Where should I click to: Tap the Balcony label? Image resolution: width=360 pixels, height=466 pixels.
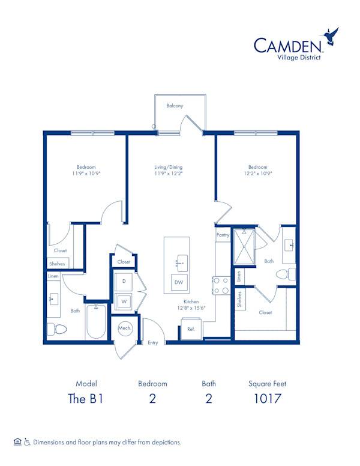click(175, 106)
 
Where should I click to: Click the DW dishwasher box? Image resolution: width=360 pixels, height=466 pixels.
click(179, 282)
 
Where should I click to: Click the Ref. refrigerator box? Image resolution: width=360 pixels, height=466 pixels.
click(191, 330)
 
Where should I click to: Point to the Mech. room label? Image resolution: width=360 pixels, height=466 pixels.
click(125, 328)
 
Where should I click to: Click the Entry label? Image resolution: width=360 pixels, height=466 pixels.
click(153, 342)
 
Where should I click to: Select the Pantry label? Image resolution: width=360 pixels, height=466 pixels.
click(223, 235)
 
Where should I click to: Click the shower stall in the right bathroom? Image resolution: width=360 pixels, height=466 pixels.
click(245, 247)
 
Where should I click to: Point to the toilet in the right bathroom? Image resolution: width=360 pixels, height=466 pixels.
click(286, 274)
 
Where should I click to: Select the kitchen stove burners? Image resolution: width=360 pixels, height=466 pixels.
click(220, 285)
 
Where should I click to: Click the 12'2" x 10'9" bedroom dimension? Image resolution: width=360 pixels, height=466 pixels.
click(257, 174)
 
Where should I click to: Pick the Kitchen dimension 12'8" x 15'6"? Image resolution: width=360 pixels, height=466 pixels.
click(191, 308)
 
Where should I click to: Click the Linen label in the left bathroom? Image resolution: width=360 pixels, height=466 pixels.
click(53, 276)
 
